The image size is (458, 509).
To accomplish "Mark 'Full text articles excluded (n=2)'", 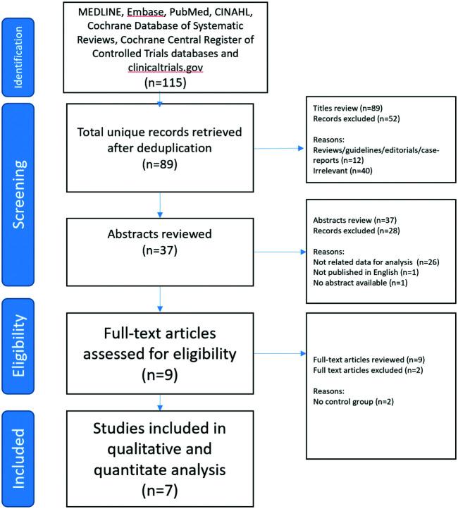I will [x=364, y=371].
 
